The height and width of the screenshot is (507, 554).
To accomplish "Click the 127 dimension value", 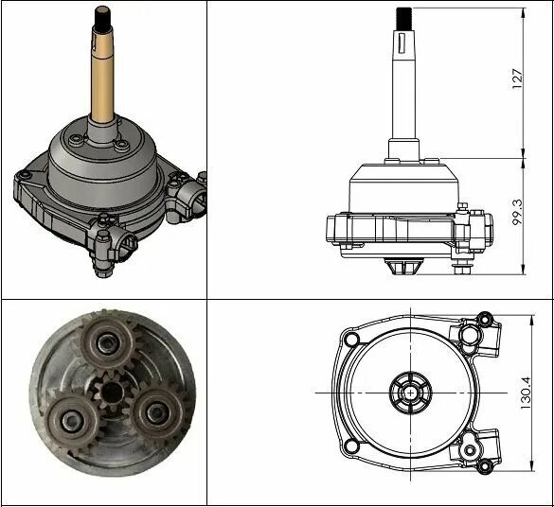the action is [517, 79].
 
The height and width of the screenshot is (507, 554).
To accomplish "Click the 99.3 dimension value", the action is [517, 212].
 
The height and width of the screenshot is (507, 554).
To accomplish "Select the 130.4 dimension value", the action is [526, 393].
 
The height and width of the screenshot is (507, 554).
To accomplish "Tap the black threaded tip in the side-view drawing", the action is [403, 18].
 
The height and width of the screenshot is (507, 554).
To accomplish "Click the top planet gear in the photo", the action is [107, 341].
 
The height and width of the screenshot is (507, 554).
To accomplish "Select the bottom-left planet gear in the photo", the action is [73, 420].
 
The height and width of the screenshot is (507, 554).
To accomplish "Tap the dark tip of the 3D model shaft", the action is [103, 17].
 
